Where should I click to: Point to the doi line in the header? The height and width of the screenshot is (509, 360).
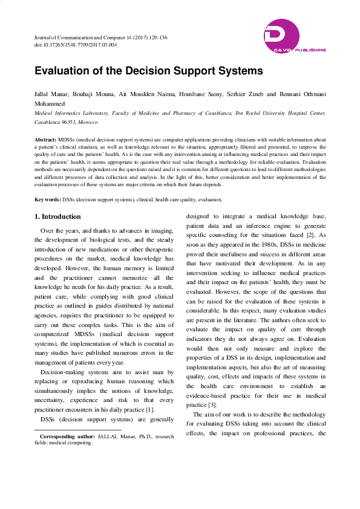[75, 45]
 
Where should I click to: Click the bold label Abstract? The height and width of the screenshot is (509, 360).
[45, 140]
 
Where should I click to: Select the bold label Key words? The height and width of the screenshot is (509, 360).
[48, 199]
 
